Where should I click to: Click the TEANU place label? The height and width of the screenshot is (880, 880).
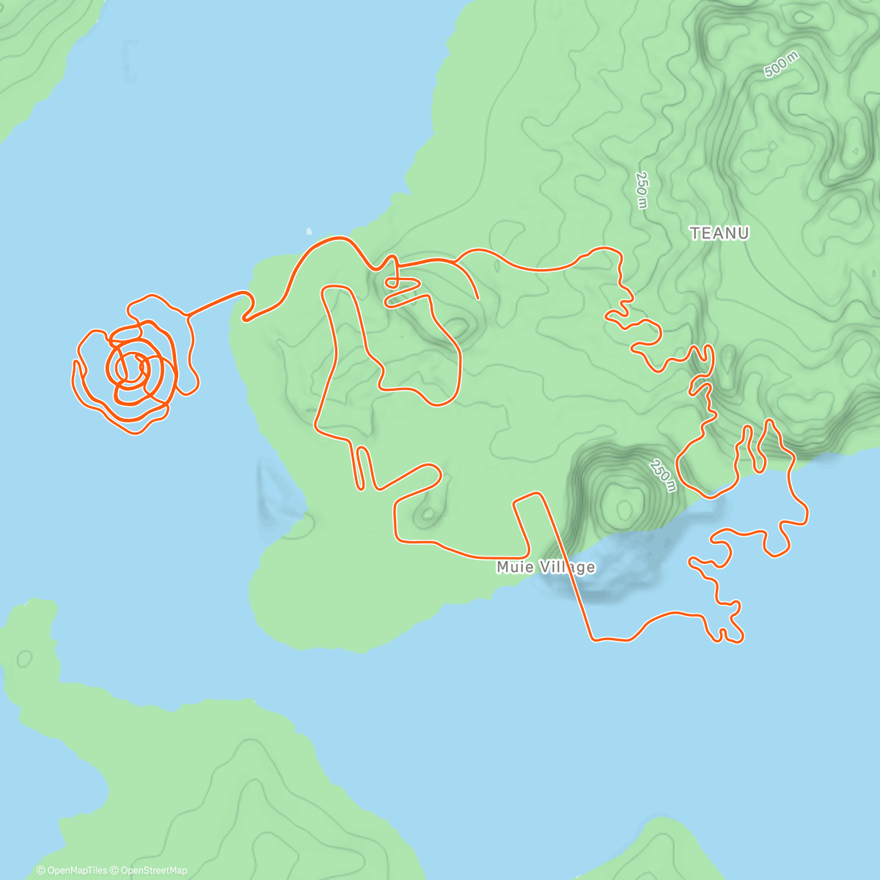[x=719, y=233]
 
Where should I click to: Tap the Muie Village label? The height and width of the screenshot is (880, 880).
[x=546, y=567]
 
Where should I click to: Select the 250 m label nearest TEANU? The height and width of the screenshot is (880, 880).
[x=642, y=190]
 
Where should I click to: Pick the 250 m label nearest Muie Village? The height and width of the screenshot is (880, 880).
[x=661, y=475]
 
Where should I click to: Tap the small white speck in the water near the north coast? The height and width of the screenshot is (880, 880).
[x=309, y=230]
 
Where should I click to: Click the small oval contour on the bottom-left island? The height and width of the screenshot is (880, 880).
[x=23, y=658]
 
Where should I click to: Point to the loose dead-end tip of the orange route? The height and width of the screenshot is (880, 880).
[x=479, y=298]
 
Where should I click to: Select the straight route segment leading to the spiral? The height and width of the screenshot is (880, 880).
[x=216, y=304]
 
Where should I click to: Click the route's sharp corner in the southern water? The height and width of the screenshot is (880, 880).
[x=593, y=639]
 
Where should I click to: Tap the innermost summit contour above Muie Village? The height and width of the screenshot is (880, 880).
[x=624, y=506]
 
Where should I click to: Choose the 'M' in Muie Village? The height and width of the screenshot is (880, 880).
[x=503, y=567]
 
